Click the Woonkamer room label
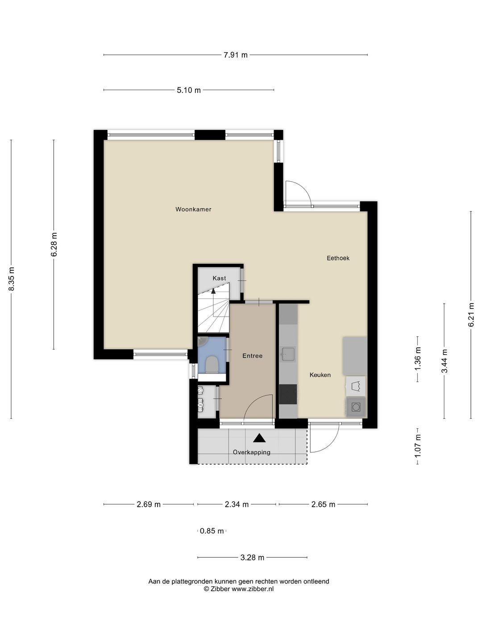pyautogui.click(x=193, y=209)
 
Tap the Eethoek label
pyautogui.click(x=338, y=258)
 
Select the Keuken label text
pyautogui.click(x=320, y=375)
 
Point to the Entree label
pyautogui.click(x=252, y=355)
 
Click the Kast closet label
pyautogui.click(x=219, y=278)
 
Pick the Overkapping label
pyautogui.click(x=251, y=452)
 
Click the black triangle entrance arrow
pyautogui.click(x=259, y=438)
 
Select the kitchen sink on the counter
pyautogui.click(x=288, y=354)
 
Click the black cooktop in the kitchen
pyautogui.click(x=288, y=394)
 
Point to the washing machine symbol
pyautogui.click(x=356, y=407)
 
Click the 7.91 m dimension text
pyautogui.click(x=236, y=55)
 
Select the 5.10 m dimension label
pyautogui.click(x=189, y=90)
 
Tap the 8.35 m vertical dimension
pyautogui.click(x=12, y=279)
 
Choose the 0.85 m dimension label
pyautogui.click(x=212, y=531)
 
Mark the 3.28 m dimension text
pyautogui.click(x=252, y=557)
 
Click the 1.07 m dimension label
pyautogui.click(x=418, y=446)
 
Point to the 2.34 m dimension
pyautogui.click(x=237, y=505)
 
